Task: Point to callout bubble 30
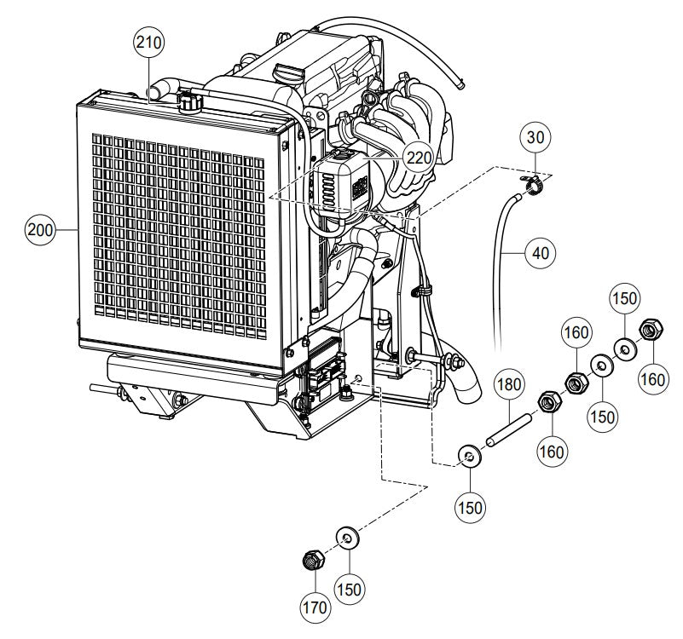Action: pos(535,136)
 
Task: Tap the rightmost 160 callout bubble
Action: pos(653,378)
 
